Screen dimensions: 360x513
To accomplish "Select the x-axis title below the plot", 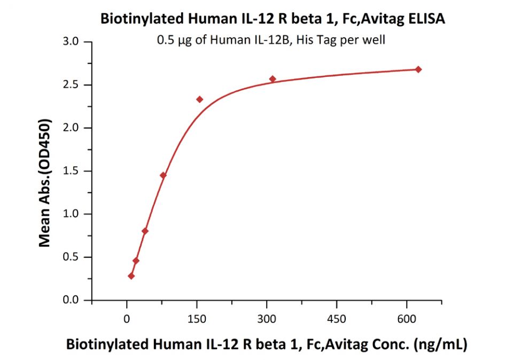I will [266, 345].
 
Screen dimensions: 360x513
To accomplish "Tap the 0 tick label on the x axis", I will [127, 319].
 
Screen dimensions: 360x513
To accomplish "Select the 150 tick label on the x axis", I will [197, 319].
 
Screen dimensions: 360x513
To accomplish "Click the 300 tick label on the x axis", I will [267, 319].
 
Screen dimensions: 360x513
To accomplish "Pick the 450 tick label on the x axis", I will [337, 319].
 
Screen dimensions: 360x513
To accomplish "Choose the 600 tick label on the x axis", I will [407, 319].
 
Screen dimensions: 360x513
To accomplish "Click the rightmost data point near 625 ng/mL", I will [418, 69].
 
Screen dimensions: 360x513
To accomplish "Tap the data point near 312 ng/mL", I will [273, 79].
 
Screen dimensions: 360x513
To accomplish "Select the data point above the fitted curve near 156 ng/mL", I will [200, 99].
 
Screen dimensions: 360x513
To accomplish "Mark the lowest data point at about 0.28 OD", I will [131, 276].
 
